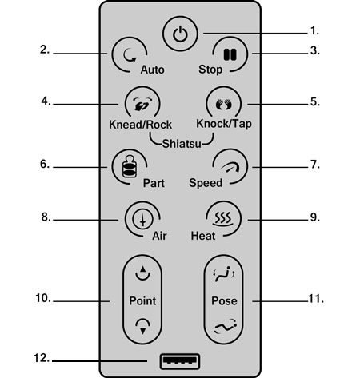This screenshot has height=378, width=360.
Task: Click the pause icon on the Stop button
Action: click(x=230, y=54)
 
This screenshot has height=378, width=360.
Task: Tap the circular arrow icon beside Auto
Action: click(x=130, y=55)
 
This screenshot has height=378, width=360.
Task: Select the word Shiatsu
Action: click(x=182, y=144)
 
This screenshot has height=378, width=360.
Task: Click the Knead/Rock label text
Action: click(x=140, y=125)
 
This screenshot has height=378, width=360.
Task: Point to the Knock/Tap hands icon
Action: click(x=224, y=104)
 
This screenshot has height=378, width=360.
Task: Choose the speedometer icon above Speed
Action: click(x=230, y=167)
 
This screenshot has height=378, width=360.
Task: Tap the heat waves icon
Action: click(x=223, y=218)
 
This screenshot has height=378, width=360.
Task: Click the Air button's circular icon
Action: click(x=142, y=219)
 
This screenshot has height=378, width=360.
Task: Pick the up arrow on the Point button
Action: click(x=142, y=273)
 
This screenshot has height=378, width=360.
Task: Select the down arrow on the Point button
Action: click(x=142, y=326)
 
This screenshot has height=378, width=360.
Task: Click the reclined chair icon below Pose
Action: click(x=226, y=326)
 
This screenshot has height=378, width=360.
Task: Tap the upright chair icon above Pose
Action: click(x=224, y=274)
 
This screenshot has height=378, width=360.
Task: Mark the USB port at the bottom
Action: click(x=180, y=361)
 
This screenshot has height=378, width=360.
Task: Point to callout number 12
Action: click(x=42, y=358)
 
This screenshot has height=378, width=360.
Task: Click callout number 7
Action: click(x=315, y=165)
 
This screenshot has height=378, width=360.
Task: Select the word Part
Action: click(x=154, y=183)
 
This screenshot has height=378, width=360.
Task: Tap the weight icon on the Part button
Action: click(x=130, y=166)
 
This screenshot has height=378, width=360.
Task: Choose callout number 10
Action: click(x=43, y=298)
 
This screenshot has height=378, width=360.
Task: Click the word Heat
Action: click(x=203, y=236)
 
